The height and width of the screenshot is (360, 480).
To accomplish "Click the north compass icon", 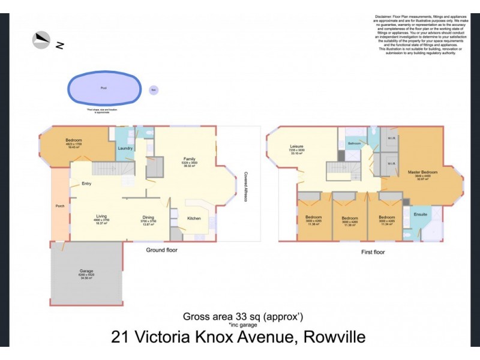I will point(41,40).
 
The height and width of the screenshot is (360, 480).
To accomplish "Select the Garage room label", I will point(86,271).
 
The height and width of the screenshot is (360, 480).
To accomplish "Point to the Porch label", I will point(60,207).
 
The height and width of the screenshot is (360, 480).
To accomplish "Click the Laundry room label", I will point(125,148).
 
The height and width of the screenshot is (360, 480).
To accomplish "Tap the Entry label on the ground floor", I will point(77,184).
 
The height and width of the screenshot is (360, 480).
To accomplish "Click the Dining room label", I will point(149,217).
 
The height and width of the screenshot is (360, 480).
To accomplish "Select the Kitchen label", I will point(193,218).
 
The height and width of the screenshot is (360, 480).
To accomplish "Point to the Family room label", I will point(190,159).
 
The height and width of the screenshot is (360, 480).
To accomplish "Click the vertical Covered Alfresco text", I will point(246,184).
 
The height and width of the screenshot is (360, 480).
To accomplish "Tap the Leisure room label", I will point(296,145).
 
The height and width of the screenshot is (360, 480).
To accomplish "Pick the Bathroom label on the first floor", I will point(355,143).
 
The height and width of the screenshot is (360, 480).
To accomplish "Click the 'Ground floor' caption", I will point(161,250).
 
